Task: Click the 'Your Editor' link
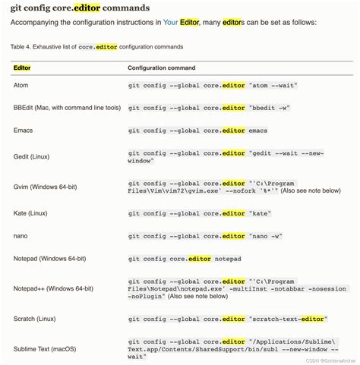[x=181, y=22]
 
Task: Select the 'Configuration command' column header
[x=166, y=68]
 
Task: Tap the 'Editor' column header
[x=22, y=68]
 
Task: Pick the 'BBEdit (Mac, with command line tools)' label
[x=67, y=108]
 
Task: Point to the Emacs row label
[x=23, y=130]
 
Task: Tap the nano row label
[x=21, y=236]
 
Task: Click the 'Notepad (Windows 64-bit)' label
[x=52, y=259]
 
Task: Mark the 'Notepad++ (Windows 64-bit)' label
[x=54, y=288]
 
